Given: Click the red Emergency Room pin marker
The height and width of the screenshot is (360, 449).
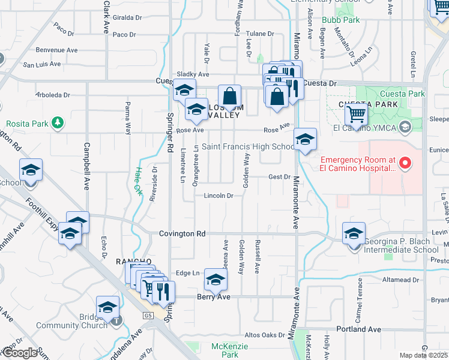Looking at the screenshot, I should point(405,163).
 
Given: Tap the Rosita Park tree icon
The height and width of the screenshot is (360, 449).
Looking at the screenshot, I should point(58,123).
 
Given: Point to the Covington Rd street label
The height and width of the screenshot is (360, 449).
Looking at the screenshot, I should point(182,233).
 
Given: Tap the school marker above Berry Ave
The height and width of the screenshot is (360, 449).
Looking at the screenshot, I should point(215,280).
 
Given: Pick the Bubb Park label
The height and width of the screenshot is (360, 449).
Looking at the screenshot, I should point(340,20).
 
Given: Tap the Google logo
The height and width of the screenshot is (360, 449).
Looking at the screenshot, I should point(20,353).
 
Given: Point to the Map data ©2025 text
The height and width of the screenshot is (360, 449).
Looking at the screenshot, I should point(423,355).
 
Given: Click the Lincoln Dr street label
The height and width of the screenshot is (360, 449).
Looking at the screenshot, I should point(218,196).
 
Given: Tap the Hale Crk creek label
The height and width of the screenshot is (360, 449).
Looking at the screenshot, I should point(137,182).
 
